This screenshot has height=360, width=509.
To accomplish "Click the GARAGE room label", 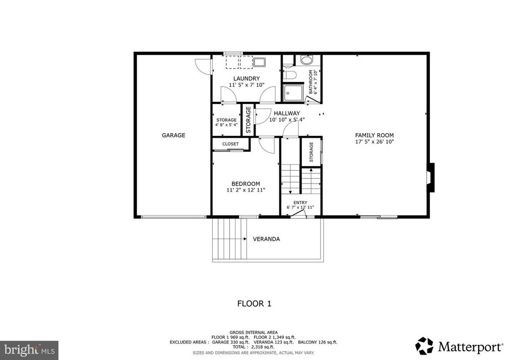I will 173,135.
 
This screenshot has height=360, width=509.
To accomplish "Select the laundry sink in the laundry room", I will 260,62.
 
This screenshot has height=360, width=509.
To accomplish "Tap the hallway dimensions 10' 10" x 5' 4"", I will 287,120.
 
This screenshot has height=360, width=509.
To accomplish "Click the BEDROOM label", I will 246,183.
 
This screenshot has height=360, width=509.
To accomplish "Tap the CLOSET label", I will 230,144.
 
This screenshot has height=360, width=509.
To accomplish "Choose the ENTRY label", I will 300,202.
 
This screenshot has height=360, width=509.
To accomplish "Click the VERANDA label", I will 266,239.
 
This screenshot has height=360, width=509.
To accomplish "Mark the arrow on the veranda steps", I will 246,239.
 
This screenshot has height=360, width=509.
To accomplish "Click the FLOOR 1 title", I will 254,303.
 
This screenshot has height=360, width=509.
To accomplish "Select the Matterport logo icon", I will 424,345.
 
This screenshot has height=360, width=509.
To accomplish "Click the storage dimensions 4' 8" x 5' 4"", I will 226,125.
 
